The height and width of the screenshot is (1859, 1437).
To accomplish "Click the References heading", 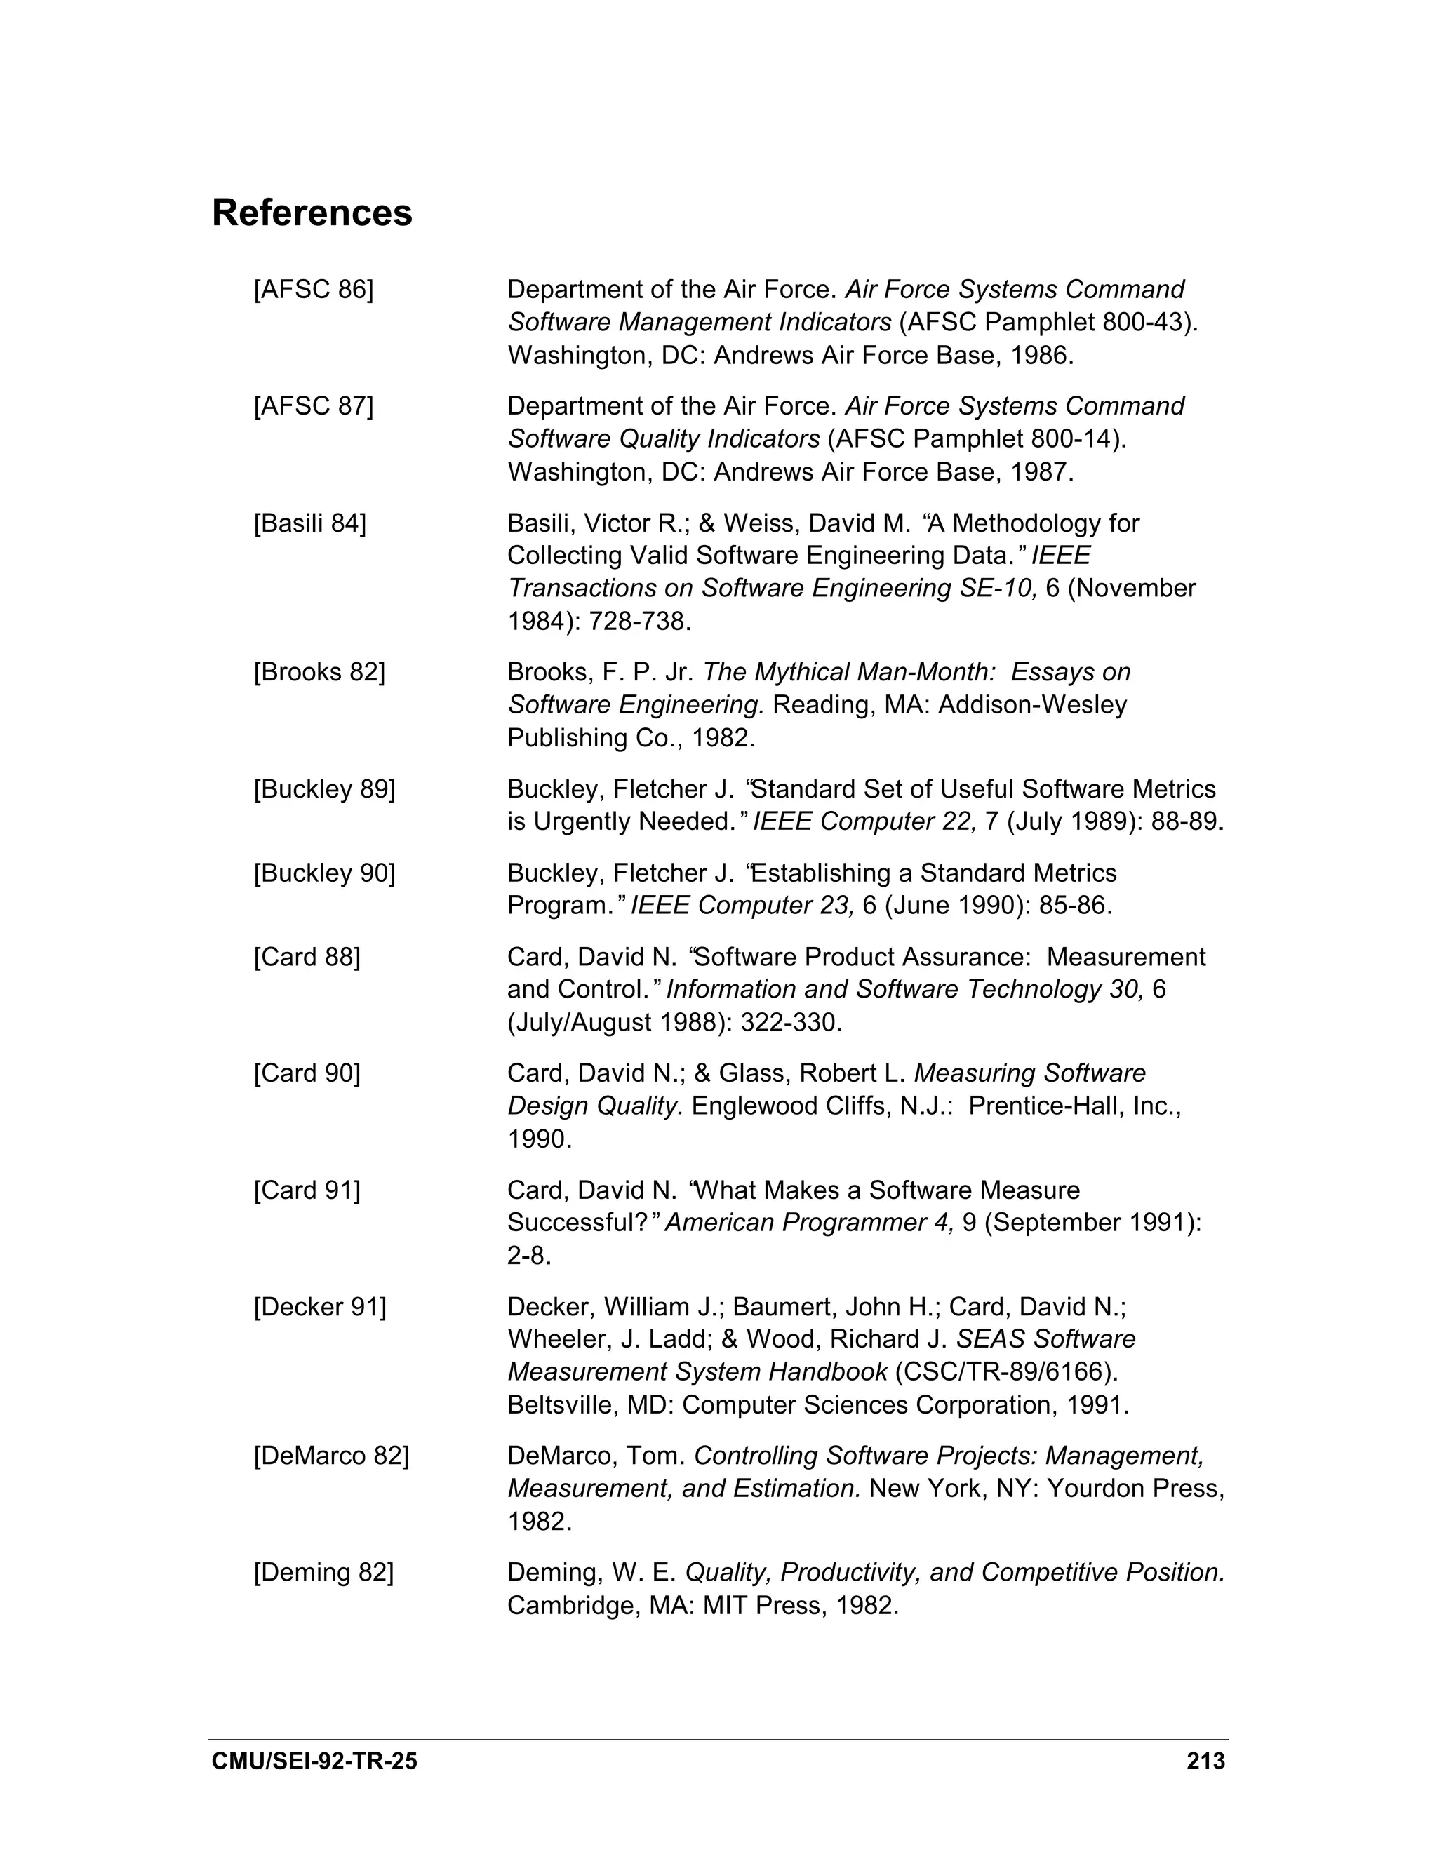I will tap(312, 213).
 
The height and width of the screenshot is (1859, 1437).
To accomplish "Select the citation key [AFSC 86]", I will tap(313, 290).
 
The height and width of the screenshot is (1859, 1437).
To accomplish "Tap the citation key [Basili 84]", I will tap(310, 523).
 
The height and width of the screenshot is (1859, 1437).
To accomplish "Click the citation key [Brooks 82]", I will tap(319, 673).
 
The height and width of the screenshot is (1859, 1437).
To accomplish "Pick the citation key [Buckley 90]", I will tap(324, 873).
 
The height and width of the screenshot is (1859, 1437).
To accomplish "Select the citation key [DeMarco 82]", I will tap(331, 1456).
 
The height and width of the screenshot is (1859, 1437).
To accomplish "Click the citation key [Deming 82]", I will tap(323, 1573).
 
